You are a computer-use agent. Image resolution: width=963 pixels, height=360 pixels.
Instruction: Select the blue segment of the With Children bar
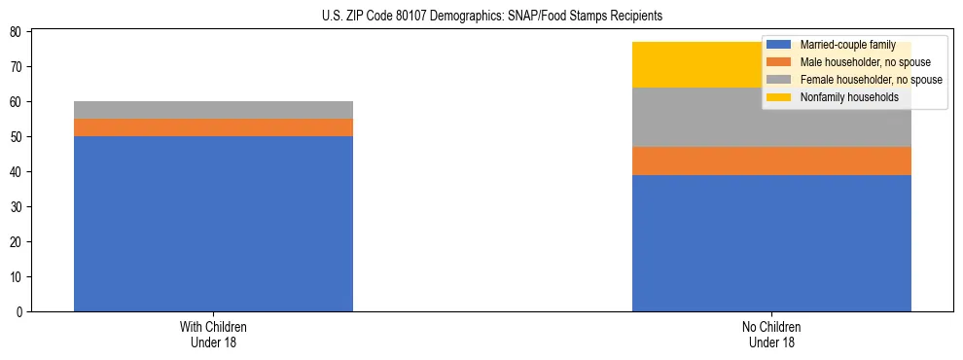click(x=213, y=224)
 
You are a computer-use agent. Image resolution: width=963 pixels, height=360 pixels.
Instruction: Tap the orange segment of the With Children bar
click(x=213, y=127)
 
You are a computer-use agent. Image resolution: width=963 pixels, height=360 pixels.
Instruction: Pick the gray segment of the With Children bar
click(x=213, y=110)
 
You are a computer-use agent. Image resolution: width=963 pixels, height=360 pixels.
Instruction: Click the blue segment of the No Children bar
click(x=771, y=243)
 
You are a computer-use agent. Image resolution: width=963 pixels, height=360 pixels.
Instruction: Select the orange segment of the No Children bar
click(x=771, y=161)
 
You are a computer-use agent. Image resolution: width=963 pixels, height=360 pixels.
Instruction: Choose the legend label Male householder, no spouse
click(x=858, y=62)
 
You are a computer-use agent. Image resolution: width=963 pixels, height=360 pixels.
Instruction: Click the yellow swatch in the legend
click(x=779, y=97)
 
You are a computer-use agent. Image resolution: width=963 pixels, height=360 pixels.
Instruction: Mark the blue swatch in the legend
click(x=779, y=45)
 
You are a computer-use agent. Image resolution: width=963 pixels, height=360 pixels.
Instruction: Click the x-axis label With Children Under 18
click(x=213, y=334)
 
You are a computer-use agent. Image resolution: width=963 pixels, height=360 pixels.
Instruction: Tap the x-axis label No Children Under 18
click(x=771, y=334)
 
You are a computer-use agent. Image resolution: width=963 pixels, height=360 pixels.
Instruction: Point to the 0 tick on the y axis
click(x=21, y=312)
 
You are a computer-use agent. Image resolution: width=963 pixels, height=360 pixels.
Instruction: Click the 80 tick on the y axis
click(x=18, y=32)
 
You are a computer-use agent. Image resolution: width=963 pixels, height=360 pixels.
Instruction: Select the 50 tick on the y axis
click(x=18, y=137)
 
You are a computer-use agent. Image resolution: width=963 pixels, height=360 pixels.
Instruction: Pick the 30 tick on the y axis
click(x=18, y=207)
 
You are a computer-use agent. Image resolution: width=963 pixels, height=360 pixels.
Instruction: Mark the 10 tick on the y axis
click(x=18, y=277)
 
